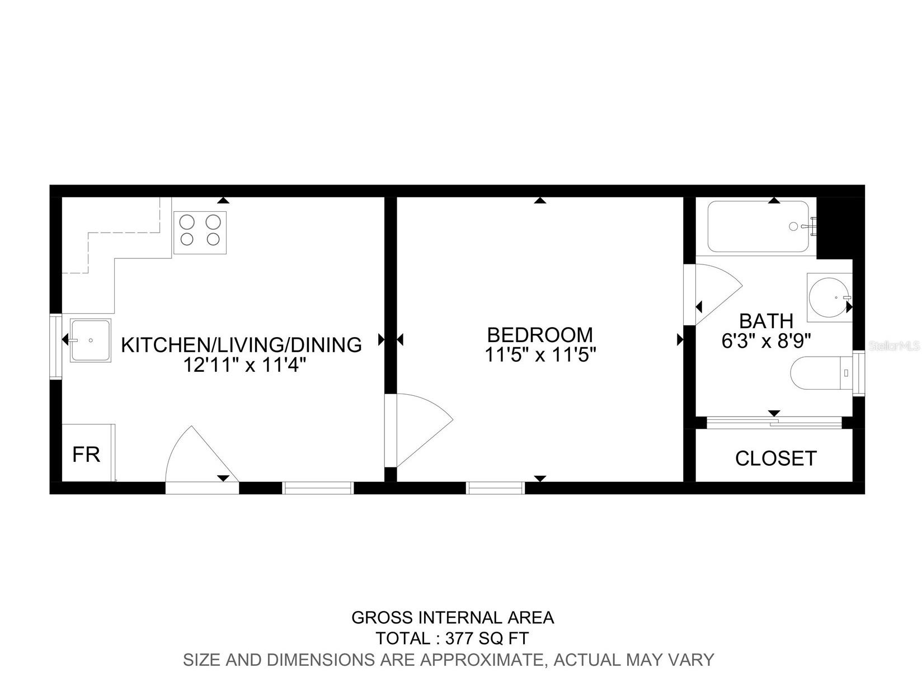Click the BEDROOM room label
[x=539, y=334]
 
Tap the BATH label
[x=766, y=321]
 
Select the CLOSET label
[x=775, y=458]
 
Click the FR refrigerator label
[x=86, y=455]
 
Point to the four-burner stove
[x=200, y=230]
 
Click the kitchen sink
[x=90, y=340]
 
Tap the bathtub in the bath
[x=758, y=226]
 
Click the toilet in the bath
[x=818, y=372]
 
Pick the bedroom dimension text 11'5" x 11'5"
[x=539, y=354]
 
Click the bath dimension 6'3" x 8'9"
[x=766, y=340]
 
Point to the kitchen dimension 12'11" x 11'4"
[x=244, y=365]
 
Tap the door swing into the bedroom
[x=420, y=429]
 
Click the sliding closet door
[x=774, y=423]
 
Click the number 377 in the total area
[x=458, y=638]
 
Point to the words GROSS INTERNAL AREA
[x=452, y=617]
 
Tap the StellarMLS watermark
[x=894, y=347]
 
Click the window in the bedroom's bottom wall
[x=495, y=488]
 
